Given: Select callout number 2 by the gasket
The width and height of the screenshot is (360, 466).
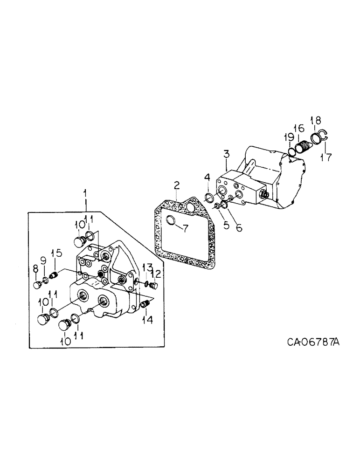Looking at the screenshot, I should [176, 186].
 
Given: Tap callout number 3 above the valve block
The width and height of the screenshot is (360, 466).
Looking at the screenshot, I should [226, 153].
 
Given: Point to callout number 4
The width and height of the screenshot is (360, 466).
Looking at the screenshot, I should [207, 178].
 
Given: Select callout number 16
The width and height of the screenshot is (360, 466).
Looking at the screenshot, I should [298, 128].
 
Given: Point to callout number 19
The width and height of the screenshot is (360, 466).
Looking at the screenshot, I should [290, 137].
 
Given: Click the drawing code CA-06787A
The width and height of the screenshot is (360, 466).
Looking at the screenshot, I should [313, 343].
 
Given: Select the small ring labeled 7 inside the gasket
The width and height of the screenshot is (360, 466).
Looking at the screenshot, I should [171, 220].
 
